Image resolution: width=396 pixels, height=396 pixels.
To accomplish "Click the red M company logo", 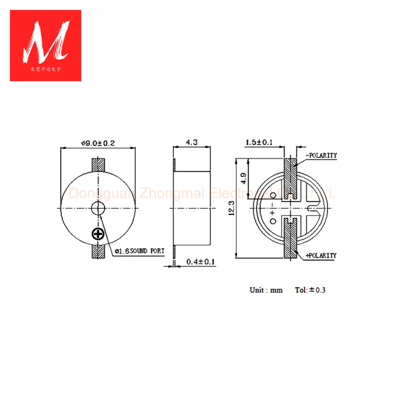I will click(46, 45).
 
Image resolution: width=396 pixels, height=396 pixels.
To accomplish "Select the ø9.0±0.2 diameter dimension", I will click(98, 143).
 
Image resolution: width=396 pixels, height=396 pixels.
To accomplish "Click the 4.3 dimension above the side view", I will click(192, 142).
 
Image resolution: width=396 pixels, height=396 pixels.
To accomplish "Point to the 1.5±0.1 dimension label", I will click(259, 143).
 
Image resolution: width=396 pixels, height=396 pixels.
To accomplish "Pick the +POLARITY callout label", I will click(321, 255).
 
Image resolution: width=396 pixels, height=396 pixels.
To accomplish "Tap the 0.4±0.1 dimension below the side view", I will click(200, 262).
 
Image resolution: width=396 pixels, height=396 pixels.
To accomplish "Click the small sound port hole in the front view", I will click(98, 208).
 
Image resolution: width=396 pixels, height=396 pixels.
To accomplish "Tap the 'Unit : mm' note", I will click(266, 290).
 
